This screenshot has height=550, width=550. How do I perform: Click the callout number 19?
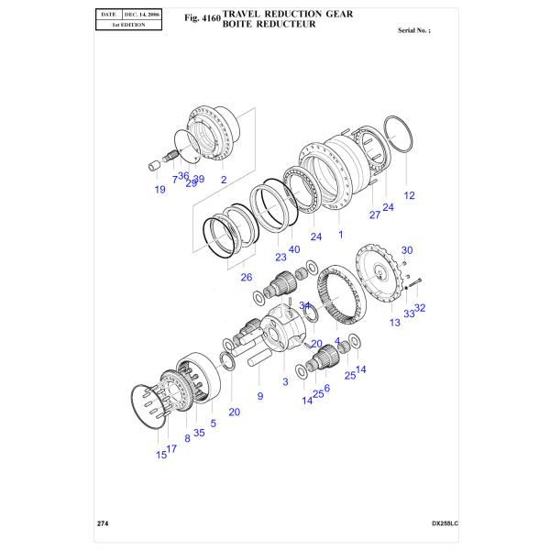pyautogui.click(x=159, y=190)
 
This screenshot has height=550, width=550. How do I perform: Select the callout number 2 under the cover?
pyautogui.click(x=223, y=180)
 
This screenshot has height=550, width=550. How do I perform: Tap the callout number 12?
pyautogui.click(x=409, y=195)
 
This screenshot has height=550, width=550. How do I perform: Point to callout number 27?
pyautogui.click(x=374, y=214)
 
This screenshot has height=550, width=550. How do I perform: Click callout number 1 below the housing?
pyautogui.click(x=340, y=235)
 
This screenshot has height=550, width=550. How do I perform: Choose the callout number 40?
pyautogui.click(x=293, y=249)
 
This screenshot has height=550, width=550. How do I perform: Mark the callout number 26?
pyautogui.click(x=246, y=277)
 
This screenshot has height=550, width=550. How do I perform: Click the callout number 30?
pyautogui.click(x=407, y=250)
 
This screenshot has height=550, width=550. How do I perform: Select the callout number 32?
pyautogui.click(x=420, y=308)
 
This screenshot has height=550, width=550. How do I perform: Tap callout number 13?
pyautogui.click(x=395, y=323)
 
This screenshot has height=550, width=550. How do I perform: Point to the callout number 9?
pyautogui.click(x=259, y=396)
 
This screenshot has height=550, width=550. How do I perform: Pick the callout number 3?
pyautogui.click(x=285, y=381)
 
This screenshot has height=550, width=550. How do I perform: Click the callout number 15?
pyautogui.click(x=160, y=454)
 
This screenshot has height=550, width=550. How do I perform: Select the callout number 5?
pyautogui.click(x=214, y=423)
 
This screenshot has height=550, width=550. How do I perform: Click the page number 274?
pyautogui.click(x=103, y=522)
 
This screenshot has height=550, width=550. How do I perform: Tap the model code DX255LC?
pyautogui.click(x=444, y=523)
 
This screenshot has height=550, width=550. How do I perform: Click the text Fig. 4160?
pyautogui.click(x=203, y=17)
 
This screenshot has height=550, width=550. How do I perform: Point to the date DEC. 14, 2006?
pyautogui.click(x=146, y=16)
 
